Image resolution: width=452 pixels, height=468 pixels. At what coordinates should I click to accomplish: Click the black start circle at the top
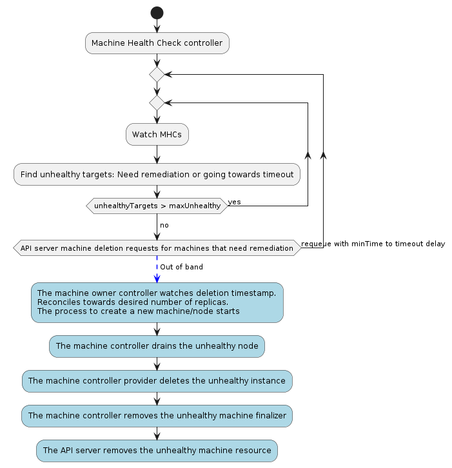pos(157,13)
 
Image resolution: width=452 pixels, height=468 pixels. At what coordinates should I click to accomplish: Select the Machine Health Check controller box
pos(157,43)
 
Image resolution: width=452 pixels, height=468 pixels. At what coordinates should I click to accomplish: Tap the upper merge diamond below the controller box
pos(157,74)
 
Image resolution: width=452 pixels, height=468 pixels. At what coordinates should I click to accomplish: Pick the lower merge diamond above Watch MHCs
pos(157,102)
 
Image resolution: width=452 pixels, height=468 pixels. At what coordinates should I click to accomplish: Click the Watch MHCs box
pos(157,134)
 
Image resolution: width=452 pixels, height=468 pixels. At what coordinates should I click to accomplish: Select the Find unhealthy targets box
pos(157,174)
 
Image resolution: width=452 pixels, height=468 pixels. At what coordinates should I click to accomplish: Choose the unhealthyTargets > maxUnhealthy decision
pos(157,206)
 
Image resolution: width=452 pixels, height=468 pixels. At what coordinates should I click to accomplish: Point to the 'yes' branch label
pos(234,202)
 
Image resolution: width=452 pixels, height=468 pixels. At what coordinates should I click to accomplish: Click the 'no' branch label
pos(164,225)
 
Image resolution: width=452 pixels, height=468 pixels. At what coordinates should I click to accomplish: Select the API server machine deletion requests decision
pos(157,248)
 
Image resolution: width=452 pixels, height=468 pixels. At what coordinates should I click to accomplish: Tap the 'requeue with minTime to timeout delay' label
pos(373,244)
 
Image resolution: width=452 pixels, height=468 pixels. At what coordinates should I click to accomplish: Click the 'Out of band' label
pos(182,267)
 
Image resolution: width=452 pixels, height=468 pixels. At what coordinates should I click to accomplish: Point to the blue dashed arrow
pos(157,269)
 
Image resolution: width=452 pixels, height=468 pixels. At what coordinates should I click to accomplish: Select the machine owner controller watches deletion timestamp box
pos(157,302)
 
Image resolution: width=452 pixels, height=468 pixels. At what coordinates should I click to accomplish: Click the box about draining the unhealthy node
pos(157,346)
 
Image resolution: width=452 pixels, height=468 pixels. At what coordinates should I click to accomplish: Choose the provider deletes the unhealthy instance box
pos(157,381)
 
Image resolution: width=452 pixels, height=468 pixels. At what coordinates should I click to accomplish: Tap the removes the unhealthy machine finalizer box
pos(157,416)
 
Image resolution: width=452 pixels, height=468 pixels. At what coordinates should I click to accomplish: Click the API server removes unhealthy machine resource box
pos(157,451)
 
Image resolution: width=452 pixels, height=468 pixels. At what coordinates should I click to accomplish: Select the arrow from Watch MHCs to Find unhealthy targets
pos(157,154)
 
